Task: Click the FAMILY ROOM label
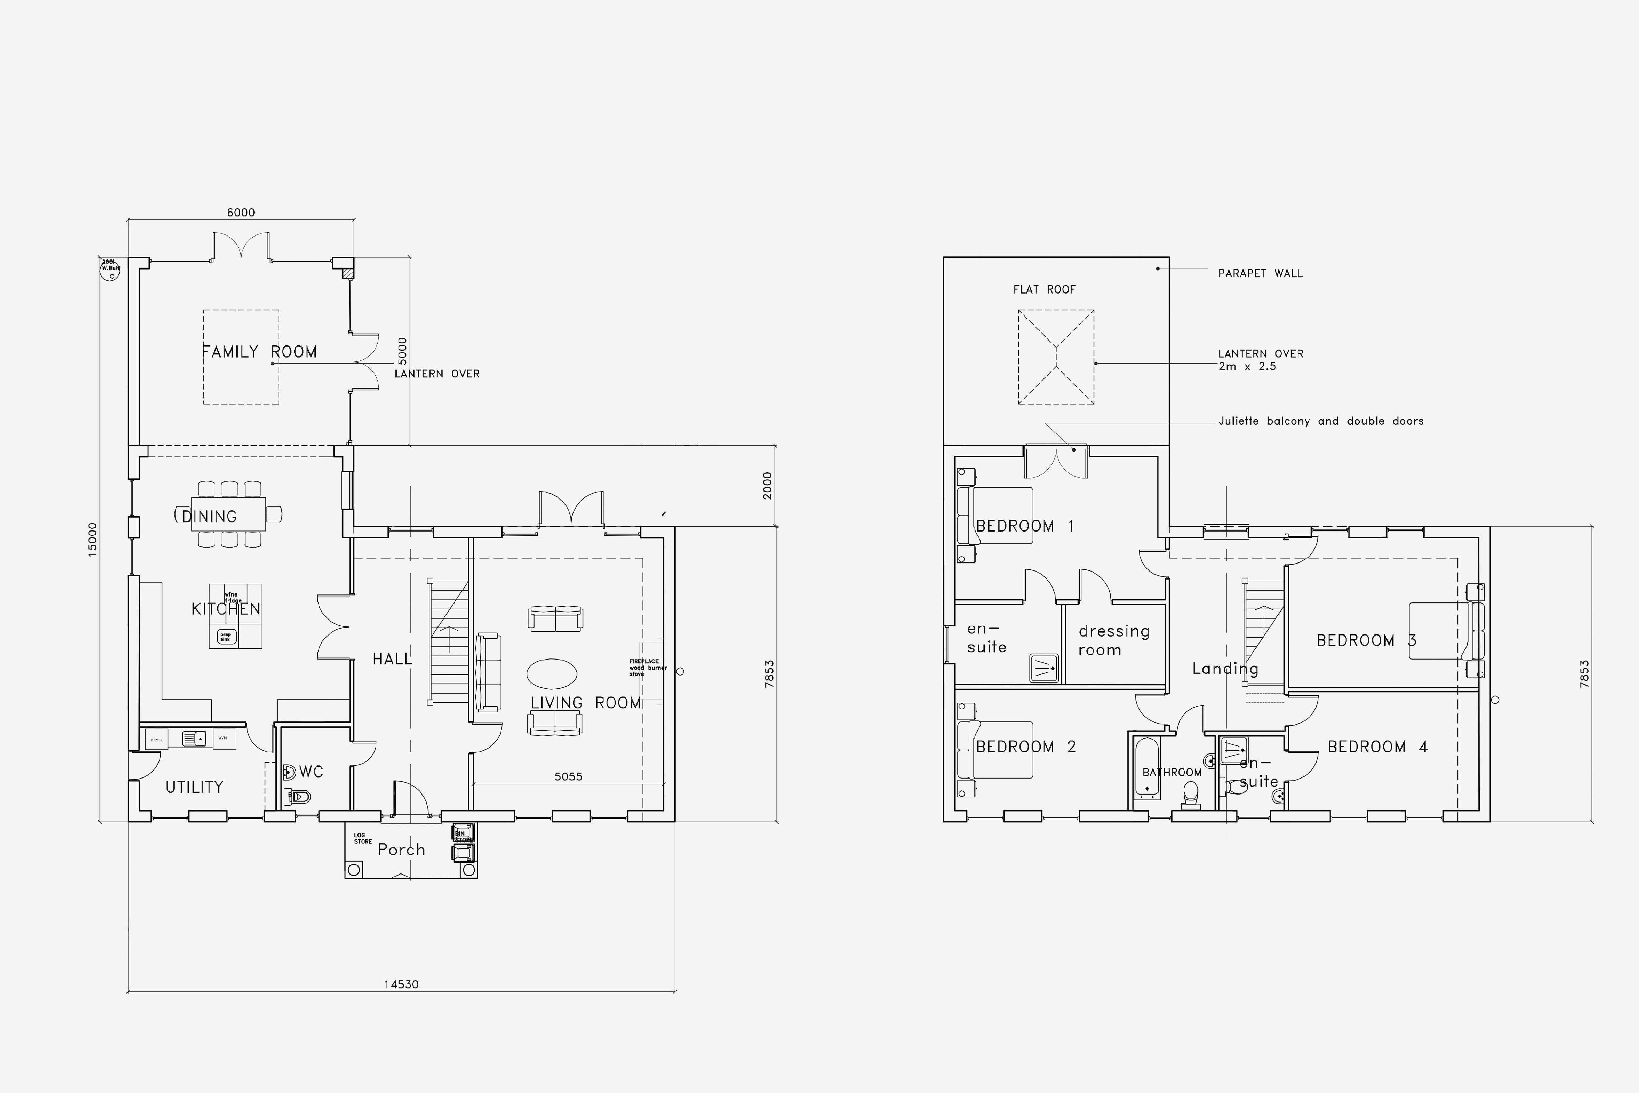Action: click(x=259, y=352)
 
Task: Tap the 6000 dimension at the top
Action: click(x=240, y=213)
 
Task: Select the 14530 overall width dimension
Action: click(x=401, y=984)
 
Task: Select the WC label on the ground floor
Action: click(x=311, y=772)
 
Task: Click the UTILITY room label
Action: click(x=194, y=787)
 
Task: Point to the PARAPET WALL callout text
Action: click(x=1260, y=273)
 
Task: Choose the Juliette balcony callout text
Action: click(x=1320, y=421)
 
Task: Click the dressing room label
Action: click(x=1114, y=640)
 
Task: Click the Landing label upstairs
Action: click(x=1225, y=668)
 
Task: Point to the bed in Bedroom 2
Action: click(x=997, y=749)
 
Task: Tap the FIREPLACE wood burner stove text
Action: click(x=647, y=668)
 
